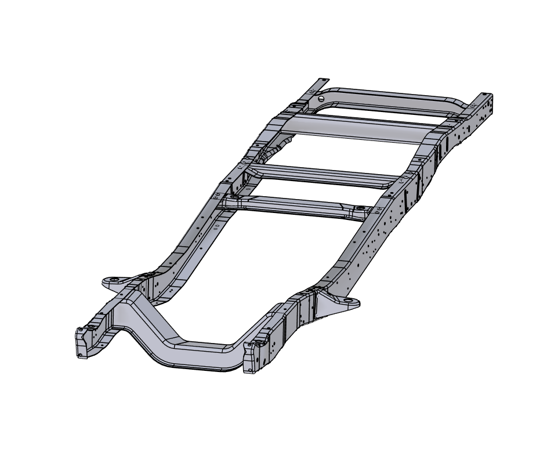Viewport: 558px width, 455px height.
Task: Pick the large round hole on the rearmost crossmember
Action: pyautogui.click(x=321, y=98)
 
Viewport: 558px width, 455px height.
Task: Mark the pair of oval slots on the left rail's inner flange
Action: pyautogui.click(x=216, y=227)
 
